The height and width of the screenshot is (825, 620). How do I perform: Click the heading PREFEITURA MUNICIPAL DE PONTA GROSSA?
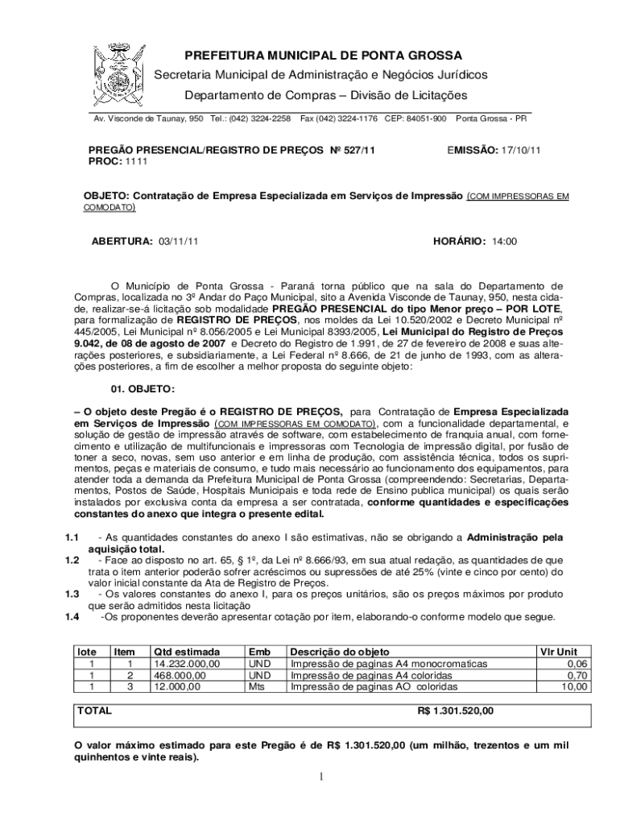324,56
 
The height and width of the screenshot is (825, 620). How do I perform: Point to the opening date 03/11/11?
179,241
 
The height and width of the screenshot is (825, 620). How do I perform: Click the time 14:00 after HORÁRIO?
504,241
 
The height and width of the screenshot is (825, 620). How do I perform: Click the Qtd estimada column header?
186,652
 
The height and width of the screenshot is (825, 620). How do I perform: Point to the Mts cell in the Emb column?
257,687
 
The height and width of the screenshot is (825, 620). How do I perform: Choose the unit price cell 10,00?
575,687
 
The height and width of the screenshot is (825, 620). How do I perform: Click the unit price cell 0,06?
577,664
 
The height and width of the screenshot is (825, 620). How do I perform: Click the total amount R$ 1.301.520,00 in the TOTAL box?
456,711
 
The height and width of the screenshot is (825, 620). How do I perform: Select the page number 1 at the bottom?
320,777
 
